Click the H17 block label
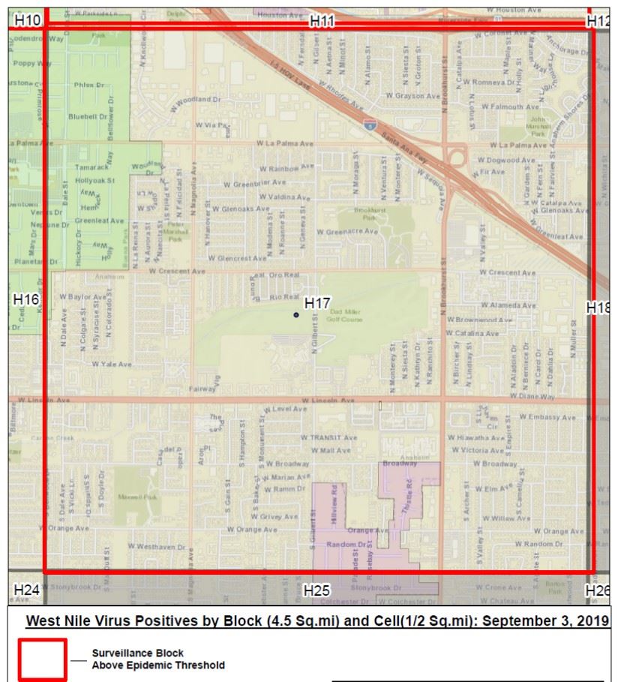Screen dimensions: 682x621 [317, 303]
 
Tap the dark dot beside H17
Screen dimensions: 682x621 [296, 315]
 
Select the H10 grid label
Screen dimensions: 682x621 [28, 20]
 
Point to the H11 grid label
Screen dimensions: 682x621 [322, 22]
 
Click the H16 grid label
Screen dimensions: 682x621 [26, 299]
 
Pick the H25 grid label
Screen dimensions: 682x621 [316, 591]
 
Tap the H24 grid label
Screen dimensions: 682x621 [26, 590]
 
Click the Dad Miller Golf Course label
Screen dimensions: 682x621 [346, 316]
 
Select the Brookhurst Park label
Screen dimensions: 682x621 [369, 214]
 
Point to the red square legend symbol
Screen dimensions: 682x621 [43, 659]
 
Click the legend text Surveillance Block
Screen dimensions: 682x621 [137, 653]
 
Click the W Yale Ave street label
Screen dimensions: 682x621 [112, 364]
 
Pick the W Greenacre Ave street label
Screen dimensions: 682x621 [347, 232]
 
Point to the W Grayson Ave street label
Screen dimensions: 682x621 [413, 96]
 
